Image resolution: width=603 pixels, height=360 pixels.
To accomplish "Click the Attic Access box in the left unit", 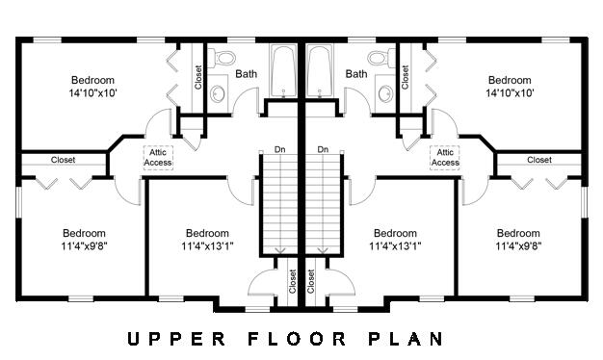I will point(158,157).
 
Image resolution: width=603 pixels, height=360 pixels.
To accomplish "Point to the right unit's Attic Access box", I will point(444,157).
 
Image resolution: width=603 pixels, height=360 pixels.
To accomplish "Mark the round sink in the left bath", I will point(218,94).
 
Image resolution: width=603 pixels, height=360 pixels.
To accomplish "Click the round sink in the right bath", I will point(385,94).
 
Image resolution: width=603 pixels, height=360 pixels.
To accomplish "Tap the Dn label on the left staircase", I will point(279,149).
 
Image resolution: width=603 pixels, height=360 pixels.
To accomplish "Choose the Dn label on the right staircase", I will point(323,149).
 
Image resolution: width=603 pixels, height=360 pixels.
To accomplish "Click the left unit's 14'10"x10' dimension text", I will point(92,93).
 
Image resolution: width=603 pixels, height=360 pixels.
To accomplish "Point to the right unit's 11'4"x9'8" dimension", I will point(518,246).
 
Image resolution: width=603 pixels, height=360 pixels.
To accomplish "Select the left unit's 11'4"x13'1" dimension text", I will point(207,246).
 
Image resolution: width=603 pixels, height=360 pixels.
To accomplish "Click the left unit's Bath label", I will point(247,74).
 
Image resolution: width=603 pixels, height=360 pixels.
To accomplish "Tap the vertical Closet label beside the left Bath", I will point(198,77).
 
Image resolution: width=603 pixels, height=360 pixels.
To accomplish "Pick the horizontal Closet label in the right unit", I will point(539,160).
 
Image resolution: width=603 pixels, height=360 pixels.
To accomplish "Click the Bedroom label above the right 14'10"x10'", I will point(511,80).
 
